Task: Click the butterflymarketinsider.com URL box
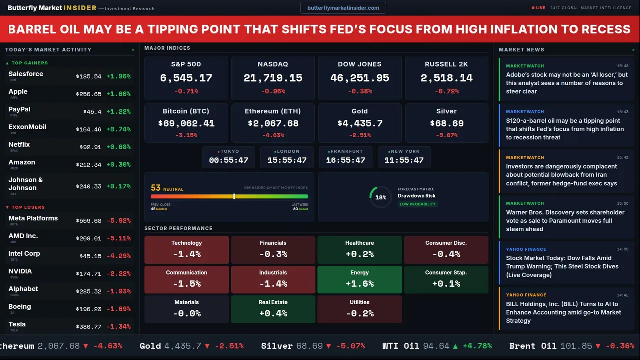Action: (x=343, y=8)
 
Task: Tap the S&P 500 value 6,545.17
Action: (x=186, y=78)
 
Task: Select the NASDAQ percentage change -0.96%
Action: (x=273, y=91)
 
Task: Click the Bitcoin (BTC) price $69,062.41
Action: (x=186, y=123)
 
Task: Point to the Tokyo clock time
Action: (x=228, y=160)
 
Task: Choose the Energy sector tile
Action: (x=359, y=279)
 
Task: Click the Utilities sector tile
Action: (x=359, y=309)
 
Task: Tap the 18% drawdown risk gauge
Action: (x=380, y=197)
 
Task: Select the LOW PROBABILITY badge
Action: (x=417, y=204)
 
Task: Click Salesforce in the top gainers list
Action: (x=26, y=74)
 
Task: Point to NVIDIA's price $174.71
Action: (x=88, y=274)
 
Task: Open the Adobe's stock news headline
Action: (x=566, y=83)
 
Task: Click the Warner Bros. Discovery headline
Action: (x=565, y=221)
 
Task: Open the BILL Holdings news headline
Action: (x=563, y=312)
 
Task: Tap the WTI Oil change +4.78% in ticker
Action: (x=477, y=346)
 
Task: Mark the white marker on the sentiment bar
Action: (x=234, y=196)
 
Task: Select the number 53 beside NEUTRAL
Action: (x=156, y=188)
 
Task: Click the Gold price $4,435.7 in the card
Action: (x=359, y=123)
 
